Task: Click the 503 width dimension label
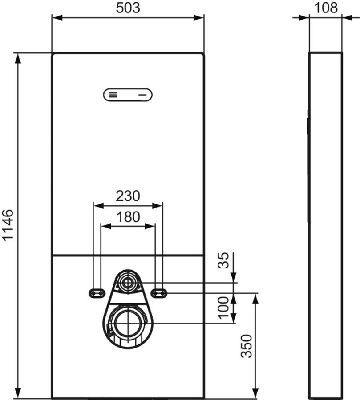pyautogui.click(x=128, y=8)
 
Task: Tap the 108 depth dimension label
pyautogui.click(x=326, y=8)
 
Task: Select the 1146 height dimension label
pyautogui.click(x=8, y=225)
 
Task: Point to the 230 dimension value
pyautogui.click(x=128, y=196)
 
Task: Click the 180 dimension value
pyautogui.click(x=128, y=217)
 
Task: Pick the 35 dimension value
pyautogui.click(x=223, y=260)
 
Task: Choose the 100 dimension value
pyautogui.click(x=223, y=308)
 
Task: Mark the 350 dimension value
pyautogui.click(x=247, y=346)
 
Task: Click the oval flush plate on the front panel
pyautogui.click(x=128, y=95)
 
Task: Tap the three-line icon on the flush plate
pyautogui.click(x=113, y=95)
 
